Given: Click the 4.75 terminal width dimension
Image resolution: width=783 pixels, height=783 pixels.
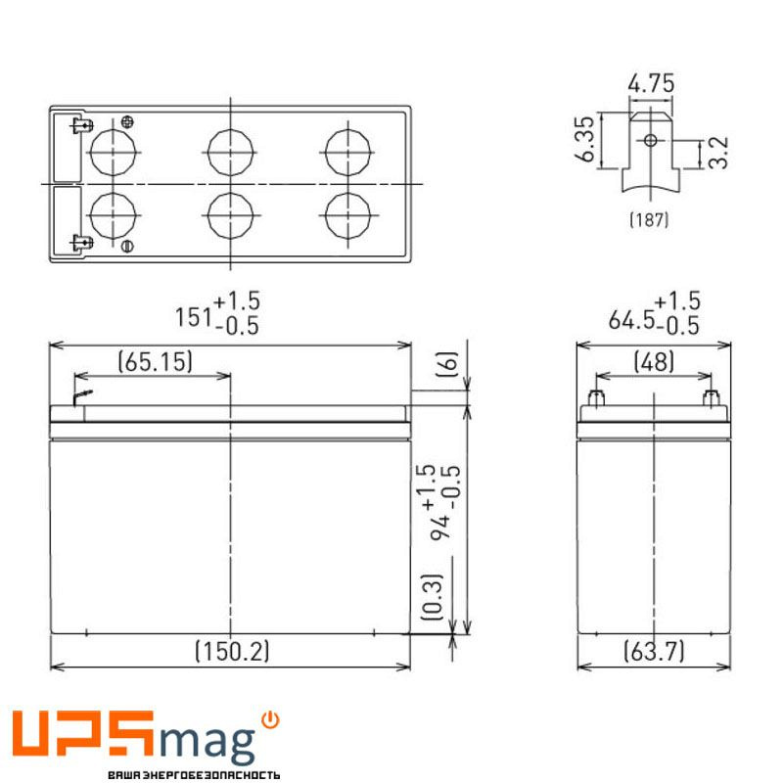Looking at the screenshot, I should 651,83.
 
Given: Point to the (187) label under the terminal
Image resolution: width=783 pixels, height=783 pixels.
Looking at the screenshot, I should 648,220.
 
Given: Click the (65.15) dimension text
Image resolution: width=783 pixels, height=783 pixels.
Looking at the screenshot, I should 155,361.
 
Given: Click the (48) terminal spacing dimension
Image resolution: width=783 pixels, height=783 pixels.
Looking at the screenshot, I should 654,361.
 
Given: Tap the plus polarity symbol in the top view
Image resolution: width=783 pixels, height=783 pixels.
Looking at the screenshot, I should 127,122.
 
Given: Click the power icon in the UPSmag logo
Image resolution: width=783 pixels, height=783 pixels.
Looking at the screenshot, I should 271,721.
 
